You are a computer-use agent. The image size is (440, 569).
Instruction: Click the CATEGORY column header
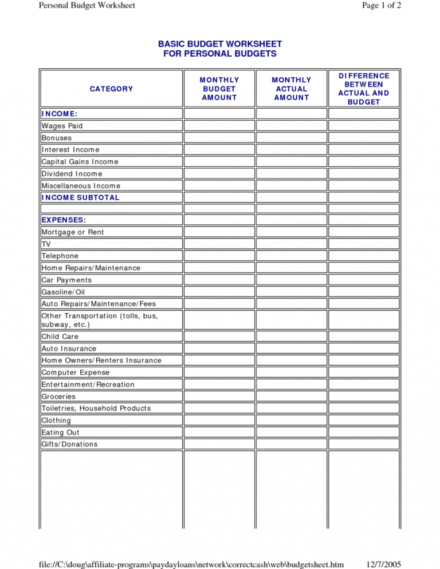coord(111,89)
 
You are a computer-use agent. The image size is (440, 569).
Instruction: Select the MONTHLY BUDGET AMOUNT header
coord(219,89)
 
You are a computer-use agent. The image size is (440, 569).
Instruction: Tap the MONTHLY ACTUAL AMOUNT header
coord(291,89)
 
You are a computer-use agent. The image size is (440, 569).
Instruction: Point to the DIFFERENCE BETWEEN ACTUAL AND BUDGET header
coord(363,89)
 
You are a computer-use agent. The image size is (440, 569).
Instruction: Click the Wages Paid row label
coord(62,126)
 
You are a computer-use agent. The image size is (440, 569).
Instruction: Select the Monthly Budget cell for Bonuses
coord(219,138)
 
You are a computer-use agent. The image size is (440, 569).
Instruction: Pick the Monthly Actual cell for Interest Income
coord(291,150)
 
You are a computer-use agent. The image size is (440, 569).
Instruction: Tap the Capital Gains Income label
coord(80,162)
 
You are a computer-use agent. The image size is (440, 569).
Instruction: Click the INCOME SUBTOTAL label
coord(80,197)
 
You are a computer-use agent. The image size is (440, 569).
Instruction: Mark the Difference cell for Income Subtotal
coord(363,197)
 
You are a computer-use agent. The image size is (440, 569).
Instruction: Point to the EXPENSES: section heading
coord(64,220)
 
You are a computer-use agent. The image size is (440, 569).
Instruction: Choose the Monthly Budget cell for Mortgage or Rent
coord(219,232)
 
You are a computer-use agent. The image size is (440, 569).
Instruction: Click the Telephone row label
coord(60,256)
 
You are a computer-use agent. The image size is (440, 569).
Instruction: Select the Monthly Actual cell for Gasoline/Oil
coord(291,292)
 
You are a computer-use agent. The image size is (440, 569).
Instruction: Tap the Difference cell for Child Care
coord(363,337)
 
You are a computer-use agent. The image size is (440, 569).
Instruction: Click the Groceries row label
coord(58,396)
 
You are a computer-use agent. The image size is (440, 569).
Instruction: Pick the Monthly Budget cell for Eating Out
coord(219,432)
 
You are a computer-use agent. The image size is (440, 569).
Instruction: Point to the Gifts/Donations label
coord(69,444)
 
